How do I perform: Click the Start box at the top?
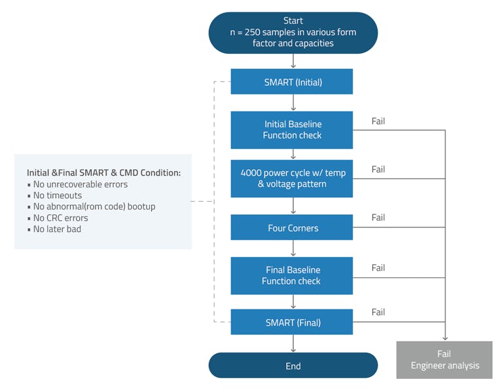293,32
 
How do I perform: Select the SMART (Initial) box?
292,82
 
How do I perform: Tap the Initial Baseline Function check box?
292,130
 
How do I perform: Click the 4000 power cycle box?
292,178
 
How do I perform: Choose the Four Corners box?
292,227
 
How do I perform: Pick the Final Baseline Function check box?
292,275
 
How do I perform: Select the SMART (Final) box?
292,322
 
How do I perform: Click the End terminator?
293,366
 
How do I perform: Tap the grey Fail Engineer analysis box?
444,360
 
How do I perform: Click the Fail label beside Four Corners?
378,218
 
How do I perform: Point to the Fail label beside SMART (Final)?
378,312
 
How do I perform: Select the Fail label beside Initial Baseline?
378,121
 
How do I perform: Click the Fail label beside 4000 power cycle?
378,169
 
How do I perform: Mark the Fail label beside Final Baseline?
378,267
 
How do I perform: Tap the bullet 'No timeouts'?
58,195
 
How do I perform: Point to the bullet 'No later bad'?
57,229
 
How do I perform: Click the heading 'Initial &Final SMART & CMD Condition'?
103,172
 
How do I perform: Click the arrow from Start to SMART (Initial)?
293,61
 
